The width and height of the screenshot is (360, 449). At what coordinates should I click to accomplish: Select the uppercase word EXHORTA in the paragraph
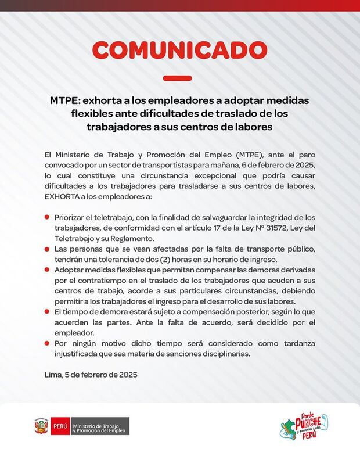[x=63, y=197]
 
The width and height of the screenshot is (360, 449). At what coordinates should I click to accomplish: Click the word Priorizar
[x=73, y=217]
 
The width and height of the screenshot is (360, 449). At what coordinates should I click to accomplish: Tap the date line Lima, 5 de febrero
[x=91, y=375]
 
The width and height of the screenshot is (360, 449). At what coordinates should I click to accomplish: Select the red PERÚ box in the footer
[x=60, y=426]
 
